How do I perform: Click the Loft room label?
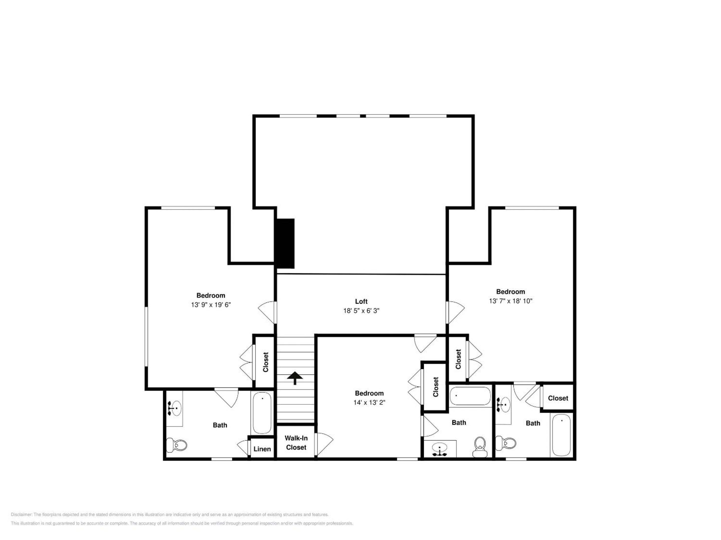pyautogui.click(x=361, y=301)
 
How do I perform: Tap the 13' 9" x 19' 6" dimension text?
pyautogui.click(x=211, y=305)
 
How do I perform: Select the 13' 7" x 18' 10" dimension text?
pyautogui.click(x=510, y=301)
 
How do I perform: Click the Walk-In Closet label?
pyautogui.click(x=296, y=443)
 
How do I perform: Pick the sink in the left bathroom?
pyautogui.click(x=175, y=408)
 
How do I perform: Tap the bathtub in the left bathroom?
pyautogui.click(x=262, y=413)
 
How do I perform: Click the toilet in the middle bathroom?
pyautogui.click(x=480, y=447)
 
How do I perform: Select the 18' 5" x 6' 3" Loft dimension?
pyautogui.click(x=361, y=311)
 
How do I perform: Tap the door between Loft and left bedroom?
pyautogui.click(x=267, y=312)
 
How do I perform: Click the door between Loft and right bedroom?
pyautogui.click(x=455, y=312)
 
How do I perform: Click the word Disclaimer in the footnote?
pyautogui.click(x=22, y=514)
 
